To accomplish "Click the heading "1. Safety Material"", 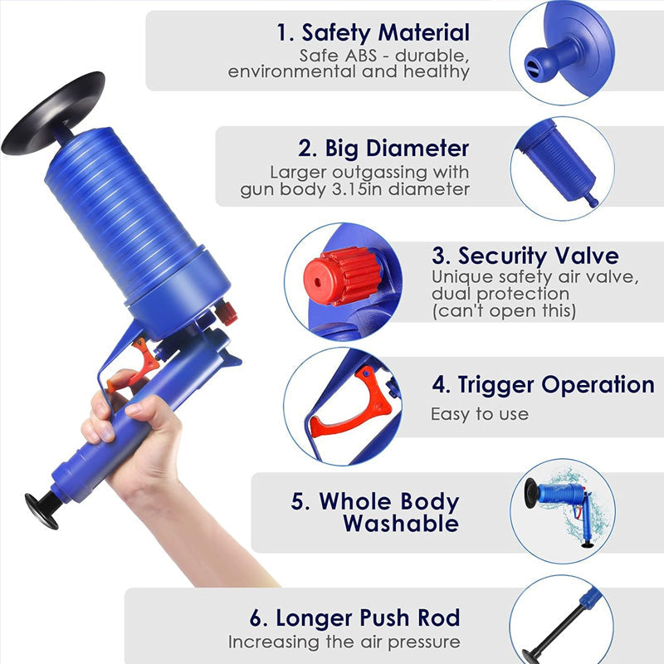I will [x=373, y=33].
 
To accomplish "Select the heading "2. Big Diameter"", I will [x=383, y=149].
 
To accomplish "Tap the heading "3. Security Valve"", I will [x=525, y=255].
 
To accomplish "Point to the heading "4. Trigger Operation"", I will [x=543, y=385].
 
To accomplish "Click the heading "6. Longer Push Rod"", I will [x=355, y=618].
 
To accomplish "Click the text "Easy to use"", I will [x=479, y=413].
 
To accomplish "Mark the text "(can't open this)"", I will [x=503, y=311].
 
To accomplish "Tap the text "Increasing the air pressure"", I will [x=344, y=642].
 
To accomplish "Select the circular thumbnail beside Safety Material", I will [x=561, y=51].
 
